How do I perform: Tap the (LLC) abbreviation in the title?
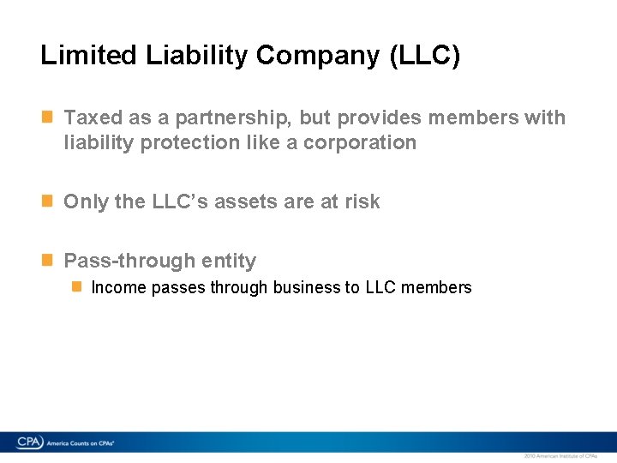[425, 57]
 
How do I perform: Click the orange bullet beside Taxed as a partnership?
[48, 114]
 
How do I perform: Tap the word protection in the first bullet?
[190, 143]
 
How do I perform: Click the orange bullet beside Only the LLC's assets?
[48, 200]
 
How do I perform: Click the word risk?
[362, 202]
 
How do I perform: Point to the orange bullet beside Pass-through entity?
[48, 258]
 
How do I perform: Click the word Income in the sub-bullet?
[118, 288]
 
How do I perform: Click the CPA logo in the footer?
[31, 442]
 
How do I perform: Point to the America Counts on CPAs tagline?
[81, 443]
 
